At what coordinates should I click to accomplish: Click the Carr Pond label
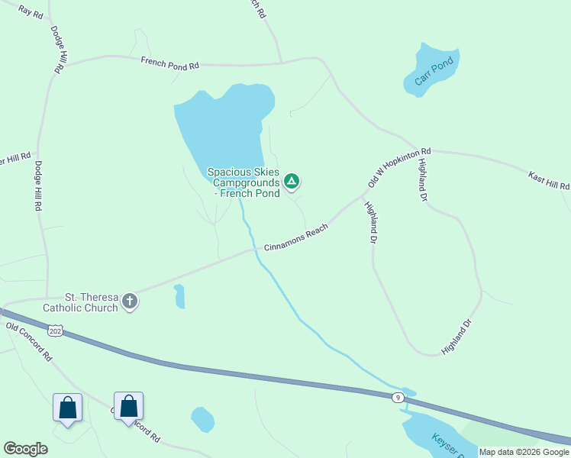pos(434,70)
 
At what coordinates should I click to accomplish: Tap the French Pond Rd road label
pos(169,63)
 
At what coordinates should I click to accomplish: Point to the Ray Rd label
pos(31,11)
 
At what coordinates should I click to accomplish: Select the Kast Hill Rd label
pos(549,181)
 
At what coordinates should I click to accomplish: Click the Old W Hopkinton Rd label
pos(399,168)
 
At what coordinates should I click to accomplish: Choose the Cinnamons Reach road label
pos(296,238)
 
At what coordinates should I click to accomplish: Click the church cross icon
pos(131,301)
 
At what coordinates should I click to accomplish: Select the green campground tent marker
pos(291,181)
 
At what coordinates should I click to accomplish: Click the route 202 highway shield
pos(54,330)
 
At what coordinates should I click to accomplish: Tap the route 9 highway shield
pos(398,397)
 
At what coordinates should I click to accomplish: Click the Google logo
pos(25,449)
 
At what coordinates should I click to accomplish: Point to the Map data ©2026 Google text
pos(524,452)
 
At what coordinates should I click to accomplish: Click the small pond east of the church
pos(179,296)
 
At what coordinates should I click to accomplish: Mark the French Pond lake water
pos(221,126)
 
